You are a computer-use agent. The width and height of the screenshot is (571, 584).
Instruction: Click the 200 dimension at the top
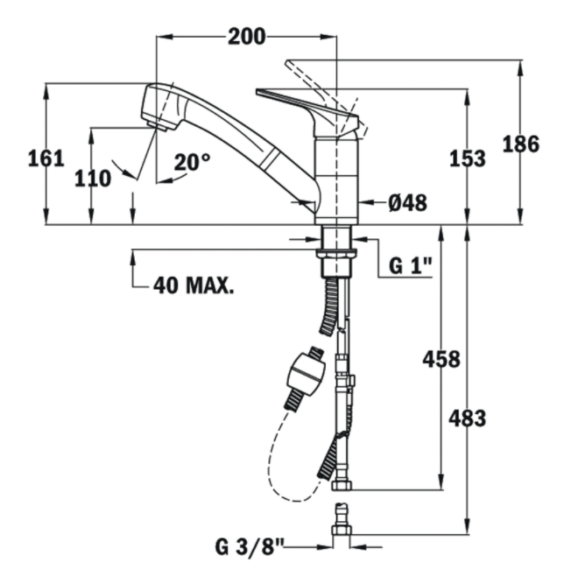(x=247, y=37)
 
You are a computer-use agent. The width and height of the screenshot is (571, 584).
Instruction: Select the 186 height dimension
(x=521, y=144)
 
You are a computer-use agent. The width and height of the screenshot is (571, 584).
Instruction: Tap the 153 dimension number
(x=468, y=158)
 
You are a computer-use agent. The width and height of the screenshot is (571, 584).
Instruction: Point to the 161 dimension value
(x=46, y=158)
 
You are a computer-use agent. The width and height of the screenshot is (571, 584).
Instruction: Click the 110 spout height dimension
(x=93, y=179)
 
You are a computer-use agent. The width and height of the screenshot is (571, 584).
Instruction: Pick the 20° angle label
(x=192, y=162)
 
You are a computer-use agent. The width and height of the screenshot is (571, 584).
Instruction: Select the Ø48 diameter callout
(x=407, y=203)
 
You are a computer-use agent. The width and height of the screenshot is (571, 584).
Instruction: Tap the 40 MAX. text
(x=194, y=285)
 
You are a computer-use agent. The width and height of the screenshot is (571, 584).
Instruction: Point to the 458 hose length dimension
(x=441, y=359)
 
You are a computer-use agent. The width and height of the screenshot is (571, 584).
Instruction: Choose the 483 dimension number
(x=468, y=418)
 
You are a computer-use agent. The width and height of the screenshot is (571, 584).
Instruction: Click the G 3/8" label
(x=250, y=547)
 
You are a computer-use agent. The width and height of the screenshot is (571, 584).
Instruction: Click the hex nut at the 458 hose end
(x=342, y=484)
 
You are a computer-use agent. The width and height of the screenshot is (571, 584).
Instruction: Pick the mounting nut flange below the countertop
(x=336, y=254)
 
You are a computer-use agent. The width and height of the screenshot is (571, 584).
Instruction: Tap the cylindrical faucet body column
(x=336, y=179)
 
